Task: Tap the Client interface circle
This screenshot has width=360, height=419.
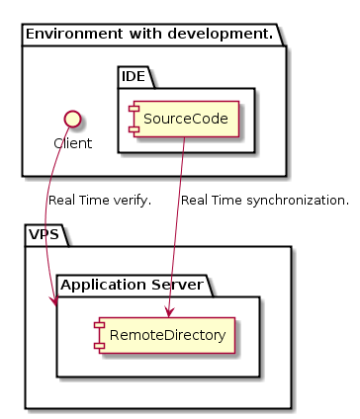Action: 72,120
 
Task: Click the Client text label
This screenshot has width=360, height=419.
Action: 72,142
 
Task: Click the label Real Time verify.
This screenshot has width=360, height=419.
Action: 99,201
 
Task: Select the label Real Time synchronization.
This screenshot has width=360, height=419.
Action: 264,201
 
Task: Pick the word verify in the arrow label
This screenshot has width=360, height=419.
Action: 130,201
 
